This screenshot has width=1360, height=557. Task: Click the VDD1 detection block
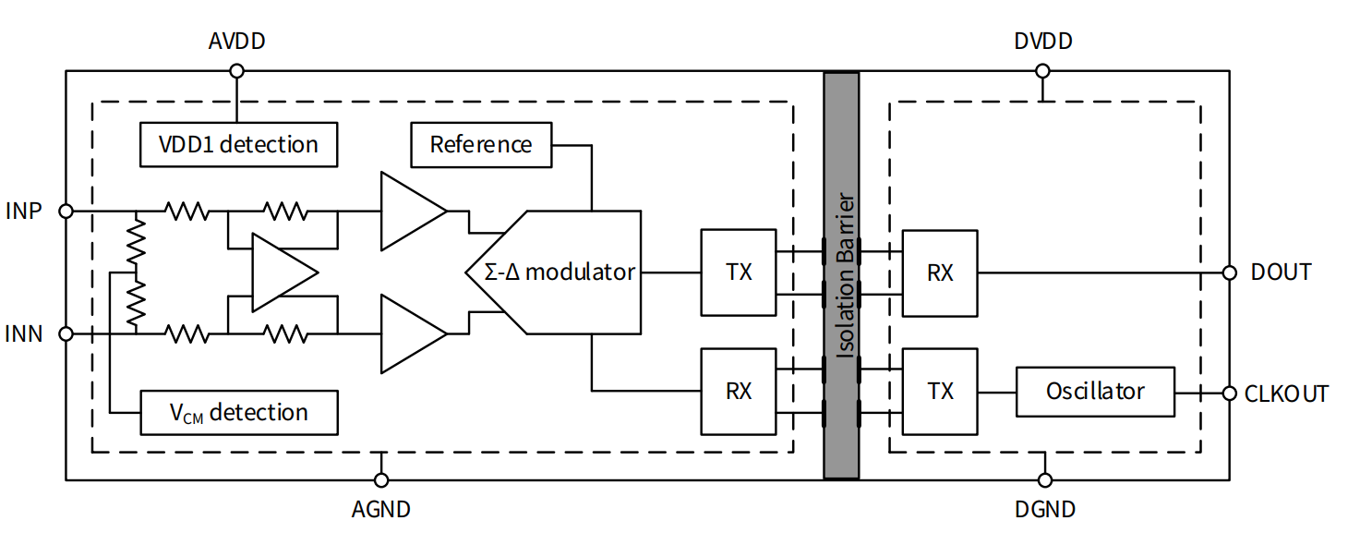[x=238, y=144]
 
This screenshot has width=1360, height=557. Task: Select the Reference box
[x=481, y=145]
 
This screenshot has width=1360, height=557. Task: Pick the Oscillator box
[x=1095, y=392]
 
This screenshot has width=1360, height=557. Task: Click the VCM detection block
[x=238, y=412]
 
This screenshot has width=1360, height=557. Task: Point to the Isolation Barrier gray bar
[x=841, y=275]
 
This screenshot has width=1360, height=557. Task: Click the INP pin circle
[x=66, y=211]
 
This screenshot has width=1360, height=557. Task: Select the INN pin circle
[x=66, y=333]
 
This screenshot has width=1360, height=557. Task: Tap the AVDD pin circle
[x=236, y=71]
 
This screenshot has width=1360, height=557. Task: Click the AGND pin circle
[x=380, y=479]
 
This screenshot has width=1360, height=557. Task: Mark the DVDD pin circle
[x=1042, y=71]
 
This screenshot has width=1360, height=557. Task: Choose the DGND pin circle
[x=1044, y=479]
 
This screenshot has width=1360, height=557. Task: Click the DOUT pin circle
[x=1229, y=272]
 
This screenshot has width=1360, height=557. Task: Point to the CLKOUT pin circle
[x=1229, y=393]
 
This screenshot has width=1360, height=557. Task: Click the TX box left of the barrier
[x=739, y=272]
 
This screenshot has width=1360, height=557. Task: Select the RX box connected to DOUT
[x=940, y=272]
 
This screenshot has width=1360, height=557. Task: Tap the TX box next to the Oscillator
[x=940, y=392]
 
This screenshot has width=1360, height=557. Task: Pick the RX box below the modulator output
[x=739, y=392]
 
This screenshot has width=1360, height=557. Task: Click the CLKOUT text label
[x=1286, y=394]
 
